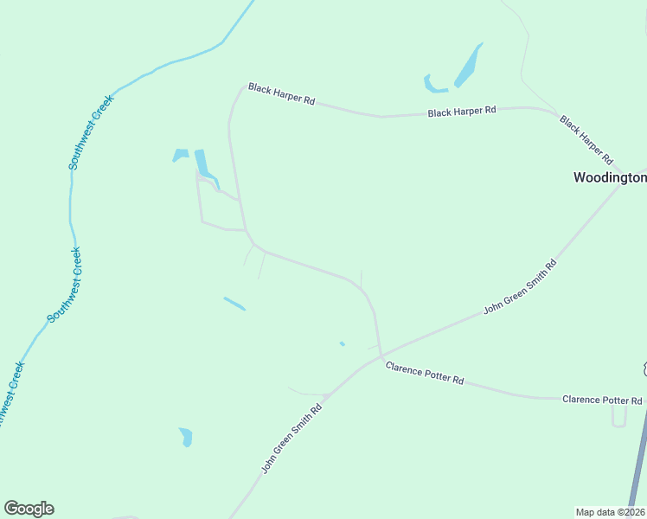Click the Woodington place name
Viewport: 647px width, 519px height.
pyautogui.click(x=610, y=177)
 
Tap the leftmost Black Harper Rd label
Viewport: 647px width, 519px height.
pyautogui.click(x=281, y=93)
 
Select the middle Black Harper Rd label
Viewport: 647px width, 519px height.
pyautogui.click(x=462, y=112)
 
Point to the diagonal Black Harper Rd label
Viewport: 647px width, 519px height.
pyautogui.click(x=586, y=139)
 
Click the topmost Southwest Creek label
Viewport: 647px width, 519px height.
pyautogui.click(x=92, y=131)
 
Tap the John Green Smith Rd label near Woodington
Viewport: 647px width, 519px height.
pyautogui.click(x=519, y=285)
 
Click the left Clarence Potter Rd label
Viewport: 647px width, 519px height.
pyautogui.click(x=425, y=374)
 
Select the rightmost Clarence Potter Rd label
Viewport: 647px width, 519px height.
pyautogui.click(x=602, y=400)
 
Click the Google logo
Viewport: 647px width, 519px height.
pyautogui.click(x=29, y=509)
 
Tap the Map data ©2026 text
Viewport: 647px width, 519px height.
pyautogui.click(x=611, y=511)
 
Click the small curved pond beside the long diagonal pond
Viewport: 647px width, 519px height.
pyautogui.click(x=434, y=86)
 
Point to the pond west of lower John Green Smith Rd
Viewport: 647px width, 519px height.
pyautogui.click(x=185, y=437)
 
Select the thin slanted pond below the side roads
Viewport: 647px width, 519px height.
pyautogui.click(x=234, y=304)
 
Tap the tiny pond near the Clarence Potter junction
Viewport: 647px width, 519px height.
pyautogui.click(x=343, y=343)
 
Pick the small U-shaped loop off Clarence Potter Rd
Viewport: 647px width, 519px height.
pyautogui.click(x=618, y=417)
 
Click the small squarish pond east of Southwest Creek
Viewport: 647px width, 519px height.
pyautogui.click(x=180, y=156)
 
